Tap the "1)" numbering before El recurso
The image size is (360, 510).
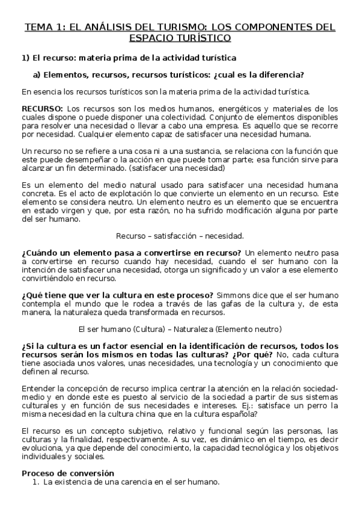click(25, 58)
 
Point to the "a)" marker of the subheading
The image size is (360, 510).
click(36, 75)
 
